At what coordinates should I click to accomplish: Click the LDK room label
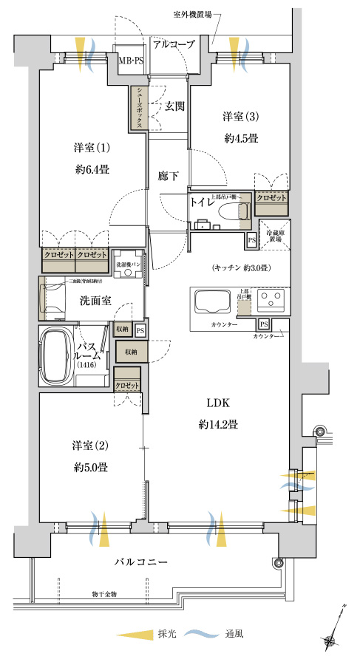pos(217,403)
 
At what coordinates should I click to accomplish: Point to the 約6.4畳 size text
pos(92,169)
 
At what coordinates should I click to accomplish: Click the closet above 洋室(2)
pos(128,385)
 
